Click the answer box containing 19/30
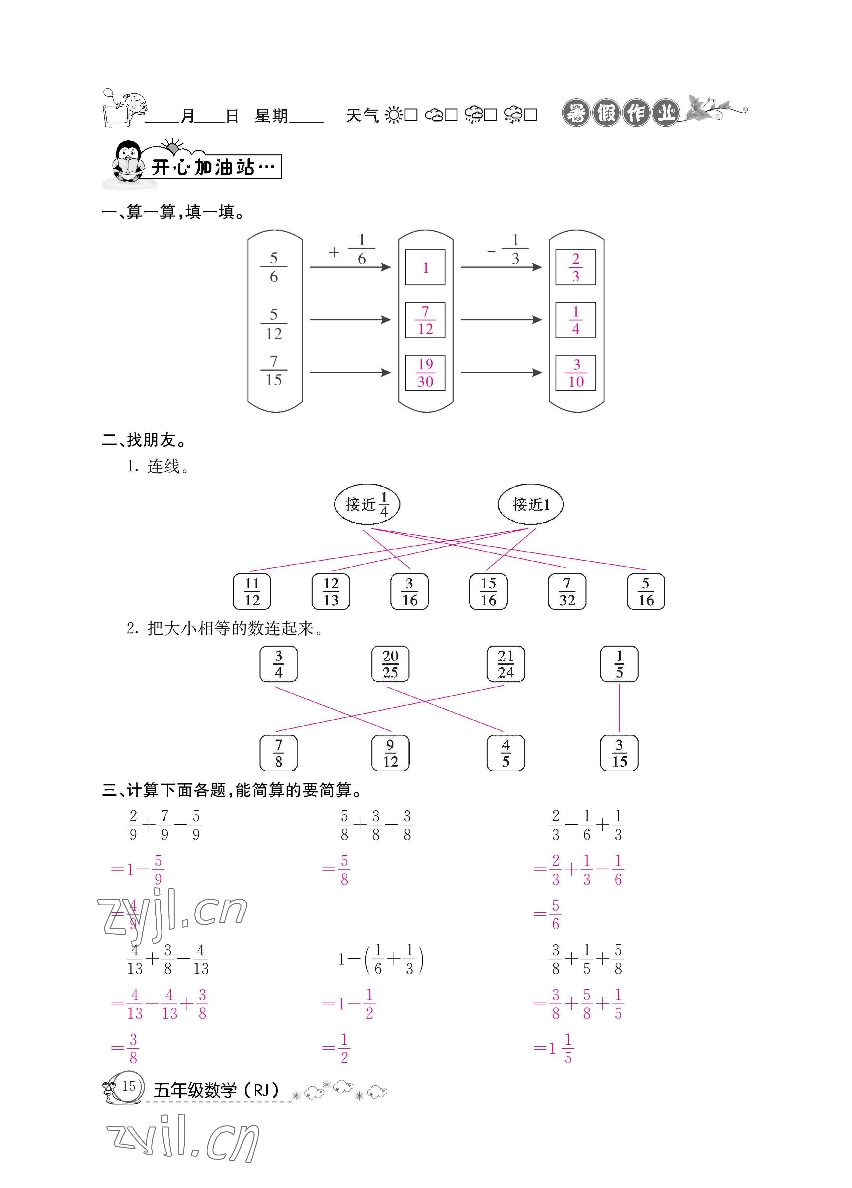click(425, 372)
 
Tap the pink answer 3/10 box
click(575, 372)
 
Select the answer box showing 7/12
click(425, 319)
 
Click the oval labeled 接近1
click(530, 504)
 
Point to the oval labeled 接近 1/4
click(367, 504)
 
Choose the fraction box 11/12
click(252, 591)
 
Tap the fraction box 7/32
click(566, 591)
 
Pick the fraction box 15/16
click(488, 591)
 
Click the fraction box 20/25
click(390, 664)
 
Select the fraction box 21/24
click(505, 664)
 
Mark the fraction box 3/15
click(619, 753)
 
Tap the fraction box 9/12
click(390, 753)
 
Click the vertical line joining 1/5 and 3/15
click(619, 708)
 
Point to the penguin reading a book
click(128, 161)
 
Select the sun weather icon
click(393, 115)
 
